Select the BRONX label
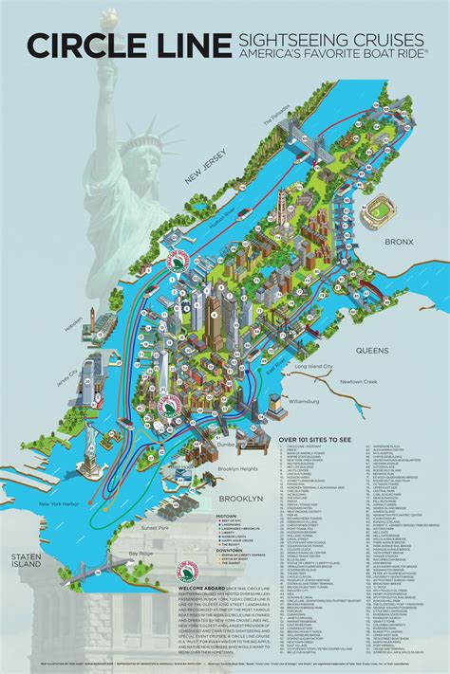400,243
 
